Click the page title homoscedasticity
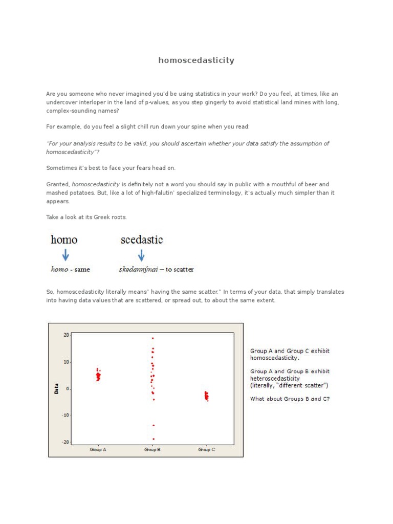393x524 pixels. [x=196, y=60]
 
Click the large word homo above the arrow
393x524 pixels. [x=64, y=239]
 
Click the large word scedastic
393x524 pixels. [x=142, y=239]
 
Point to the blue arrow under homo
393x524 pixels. [x=65, y=254]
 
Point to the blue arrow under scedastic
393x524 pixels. [x=142, y=254]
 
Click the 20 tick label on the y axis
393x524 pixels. [x=66, y=335]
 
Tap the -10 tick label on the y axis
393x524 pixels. [x=65, y=415]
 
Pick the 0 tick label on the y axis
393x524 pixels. [x=68, y=388]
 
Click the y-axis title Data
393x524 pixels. [x=57, y=388]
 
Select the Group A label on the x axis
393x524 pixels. [x=98, y=449]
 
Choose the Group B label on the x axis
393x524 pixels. [x=152, y=449]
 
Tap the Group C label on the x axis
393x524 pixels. [x=206, y=449]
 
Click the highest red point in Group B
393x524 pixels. [x=152, y=338]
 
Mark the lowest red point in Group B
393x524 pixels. [x=153, y=439]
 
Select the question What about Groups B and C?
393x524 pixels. [x=290, y=399]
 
